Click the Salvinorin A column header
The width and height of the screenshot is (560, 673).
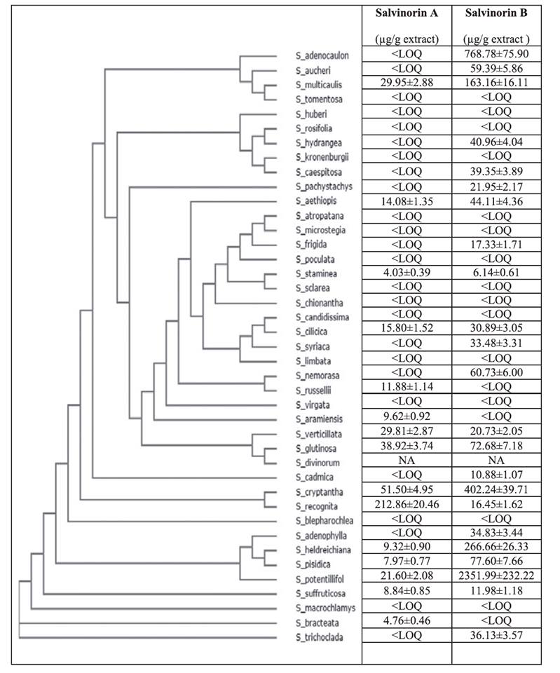tap(407, 13)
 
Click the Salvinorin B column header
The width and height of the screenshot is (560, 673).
tap(496, 13)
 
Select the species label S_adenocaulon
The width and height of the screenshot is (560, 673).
tap(322, 55)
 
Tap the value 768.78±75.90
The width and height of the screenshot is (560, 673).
tap(496, 54)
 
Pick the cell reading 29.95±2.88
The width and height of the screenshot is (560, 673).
tap(407, 83)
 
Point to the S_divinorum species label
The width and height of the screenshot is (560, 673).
tap(317, 463)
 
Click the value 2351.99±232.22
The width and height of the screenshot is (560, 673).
tap(496, 575)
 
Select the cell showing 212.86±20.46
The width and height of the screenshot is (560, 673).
tap(407, 504)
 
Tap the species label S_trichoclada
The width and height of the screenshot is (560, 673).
tap(320, 637)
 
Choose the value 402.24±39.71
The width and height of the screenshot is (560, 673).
tap(496, 489)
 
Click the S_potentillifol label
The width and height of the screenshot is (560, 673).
tap(320, 579)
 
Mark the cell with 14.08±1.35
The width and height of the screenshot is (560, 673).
tap(407, 201)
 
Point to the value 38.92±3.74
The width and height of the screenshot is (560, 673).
tap(407, 446)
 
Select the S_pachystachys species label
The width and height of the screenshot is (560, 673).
tap(324, 186)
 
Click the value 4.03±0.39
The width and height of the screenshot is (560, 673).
tap(407, 273)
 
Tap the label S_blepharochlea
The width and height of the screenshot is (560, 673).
tap(324, 521)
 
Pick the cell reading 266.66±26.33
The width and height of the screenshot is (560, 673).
tap(496, 546)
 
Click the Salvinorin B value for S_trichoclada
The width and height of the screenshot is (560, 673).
tap(496, 635)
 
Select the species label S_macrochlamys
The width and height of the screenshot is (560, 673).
tap(325, 608)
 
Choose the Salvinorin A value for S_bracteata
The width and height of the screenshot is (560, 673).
tap(407, 620)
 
